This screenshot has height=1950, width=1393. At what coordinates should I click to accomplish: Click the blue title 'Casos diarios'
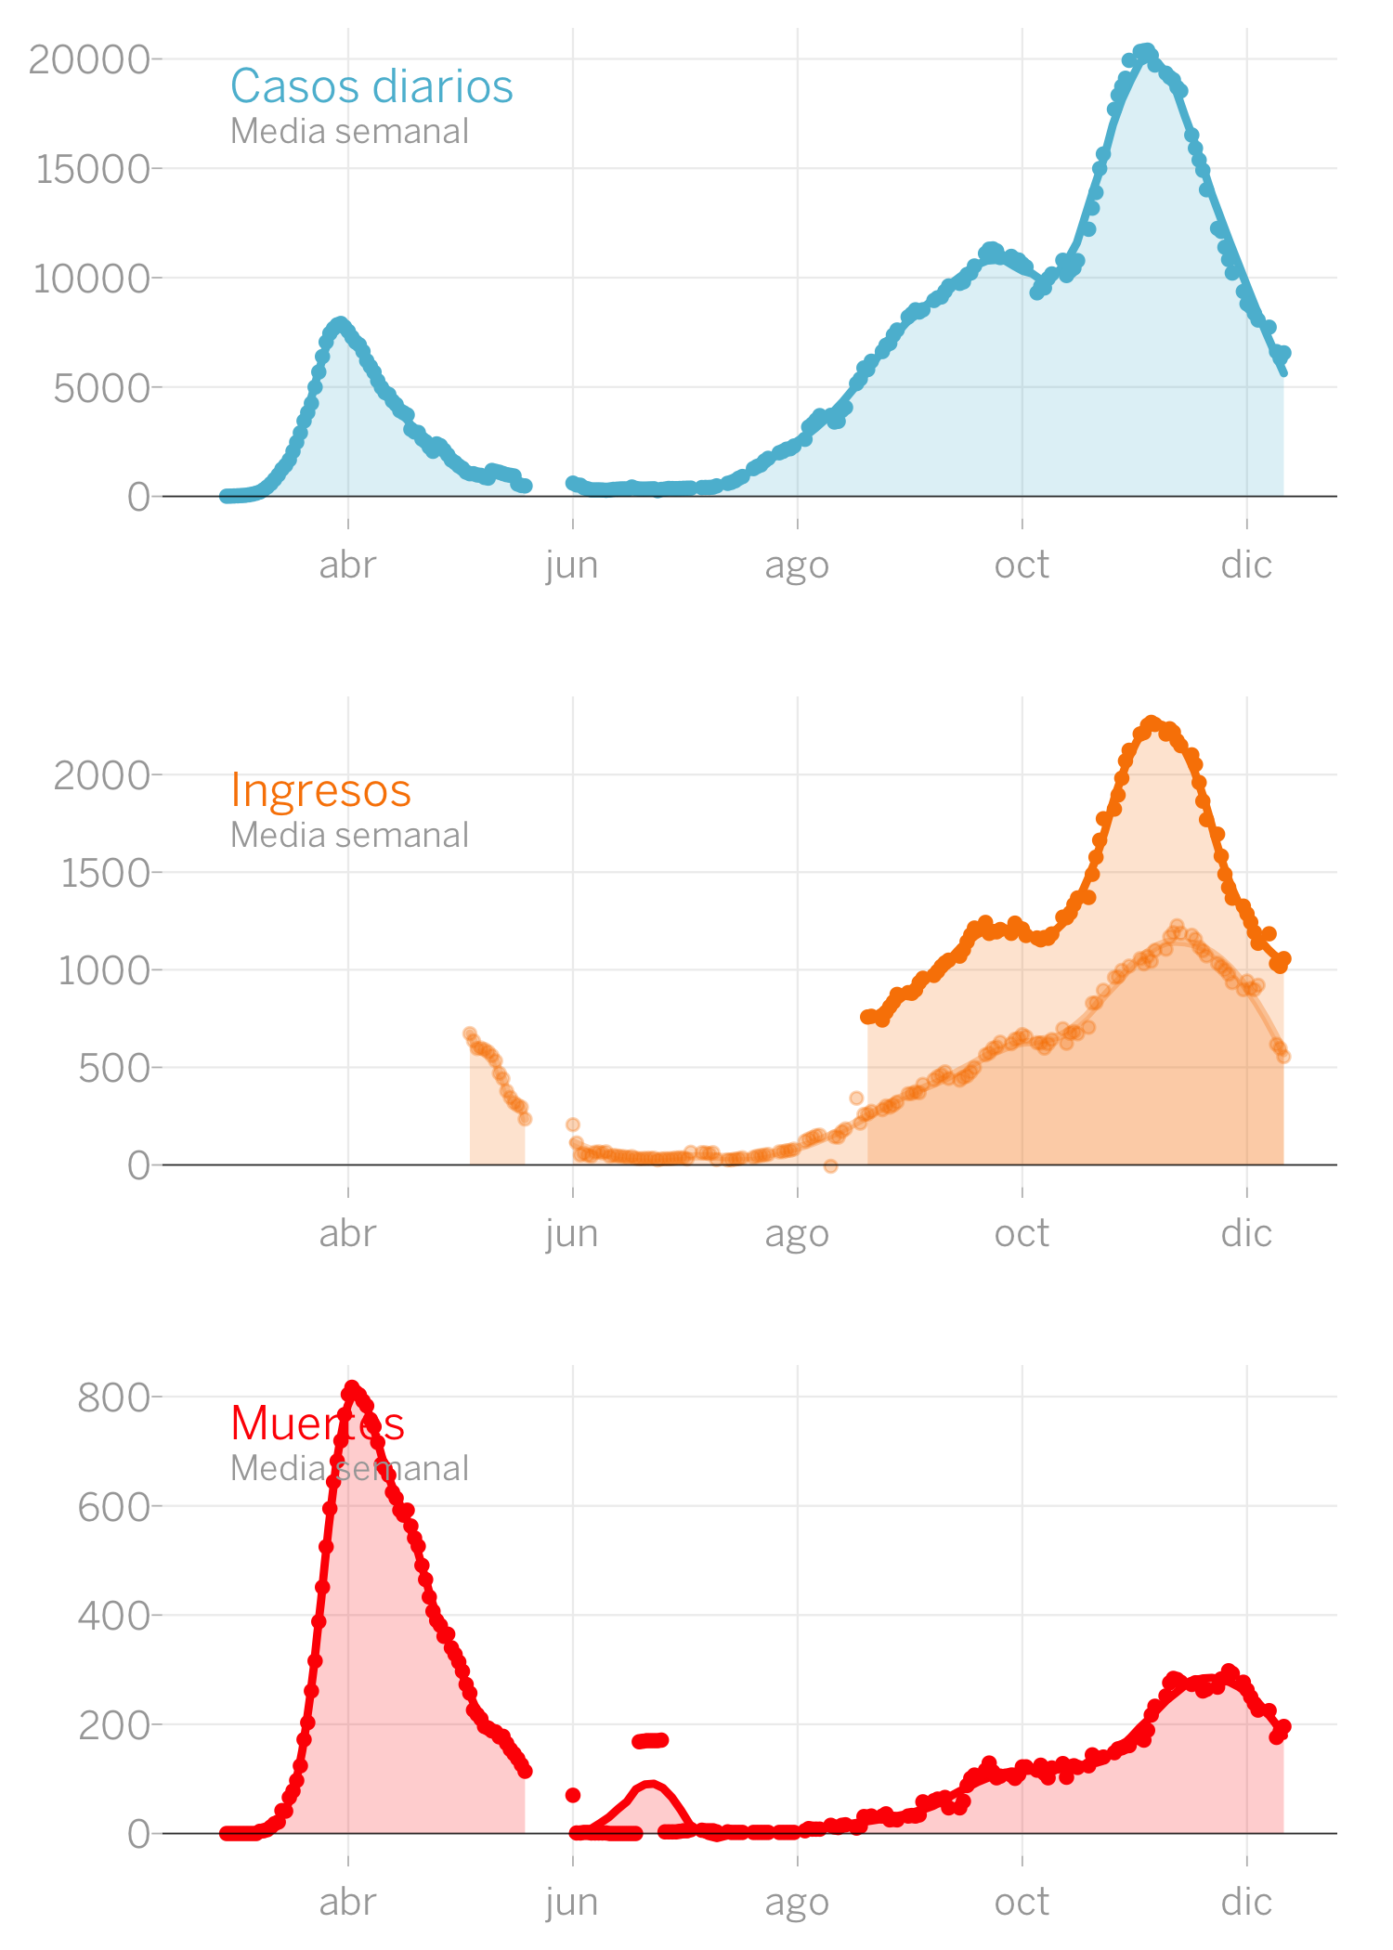coord(371,86)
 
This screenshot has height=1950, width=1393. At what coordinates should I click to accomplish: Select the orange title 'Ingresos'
coord(320,790)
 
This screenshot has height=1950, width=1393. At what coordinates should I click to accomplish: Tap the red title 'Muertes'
coord(318,1423)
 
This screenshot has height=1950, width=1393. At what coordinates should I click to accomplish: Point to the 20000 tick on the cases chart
coord(89,59)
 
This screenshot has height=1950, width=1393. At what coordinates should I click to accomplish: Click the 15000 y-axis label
coord(92,169)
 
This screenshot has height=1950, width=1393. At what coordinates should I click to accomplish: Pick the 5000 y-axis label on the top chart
coord(101,387)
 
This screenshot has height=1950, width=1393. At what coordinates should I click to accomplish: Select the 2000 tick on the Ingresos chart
coord(101,774)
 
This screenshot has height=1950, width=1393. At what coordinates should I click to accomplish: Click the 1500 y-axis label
coord(104,873)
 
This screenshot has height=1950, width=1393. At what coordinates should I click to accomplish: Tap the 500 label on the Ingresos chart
coord(113,1068)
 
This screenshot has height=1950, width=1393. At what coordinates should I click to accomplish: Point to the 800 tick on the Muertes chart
coord(113,1397)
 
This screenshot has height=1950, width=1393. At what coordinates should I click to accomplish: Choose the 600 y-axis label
coord(113,1506)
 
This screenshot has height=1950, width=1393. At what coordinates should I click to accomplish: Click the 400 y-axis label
coord(113,1616)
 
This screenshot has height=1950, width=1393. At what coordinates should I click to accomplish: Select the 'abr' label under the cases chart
coord(347,565)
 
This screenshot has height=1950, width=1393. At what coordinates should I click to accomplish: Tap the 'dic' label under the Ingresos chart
coord(1246,1233)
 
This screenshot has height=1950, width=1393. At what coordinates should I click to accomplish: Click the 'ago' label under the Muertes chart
coord(797,1902)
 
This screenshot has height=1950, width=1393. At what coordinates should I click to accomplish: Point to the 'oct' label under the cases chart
coord(1022,565)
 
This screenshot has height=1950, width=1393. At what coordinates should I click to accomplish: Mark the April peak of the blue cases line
coord(340,324)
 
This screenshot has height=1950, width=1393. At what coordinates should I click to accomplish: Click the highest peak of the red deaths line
coord(352,1387)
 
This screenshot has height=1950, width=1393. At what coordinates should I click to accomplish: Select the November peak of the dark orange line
coord(1152,722)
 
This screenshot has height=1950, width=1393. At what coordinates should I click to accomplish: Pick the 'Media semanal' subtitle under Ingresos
coord(349,835)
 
